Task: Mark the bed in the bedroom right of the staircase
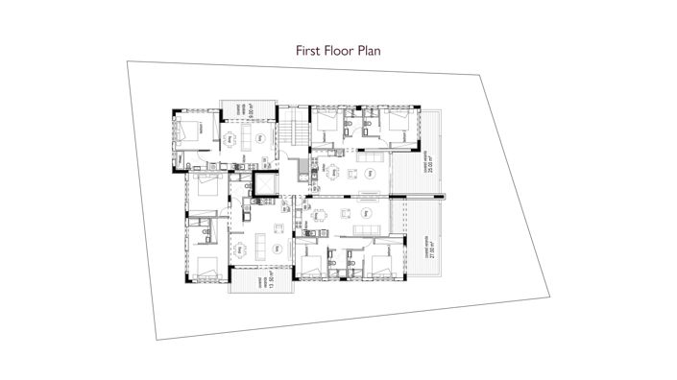coord(327,123)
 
